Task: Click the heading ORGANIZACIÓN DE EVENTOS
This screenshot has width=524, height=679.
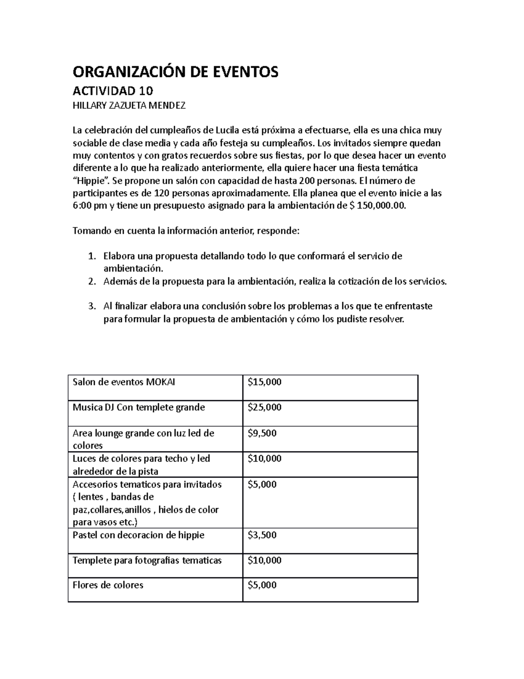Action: [175, 72]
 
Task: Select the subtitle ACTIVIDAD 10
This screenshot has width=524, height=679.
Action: [113, 91]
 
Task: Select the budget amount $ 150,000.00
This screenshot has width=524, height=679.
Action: [378, 206]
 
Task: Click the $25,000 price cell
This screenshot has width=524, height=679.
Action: [264, 407]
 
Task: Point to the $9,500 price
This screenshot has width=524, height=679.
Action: [262, 433]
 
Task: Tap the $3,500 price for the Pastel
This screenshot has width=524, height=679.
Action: [262, 535]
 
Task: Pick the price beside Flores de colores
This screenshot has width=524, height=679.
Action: [262, 585]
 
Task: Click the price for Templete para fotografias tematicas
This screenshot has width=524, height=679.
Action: [264, 560]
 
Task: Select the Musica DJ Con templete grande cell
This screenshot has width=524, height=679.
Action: [138, 407]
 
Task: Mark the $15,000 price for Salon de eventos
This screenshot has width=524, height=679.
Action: [264, 382]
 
